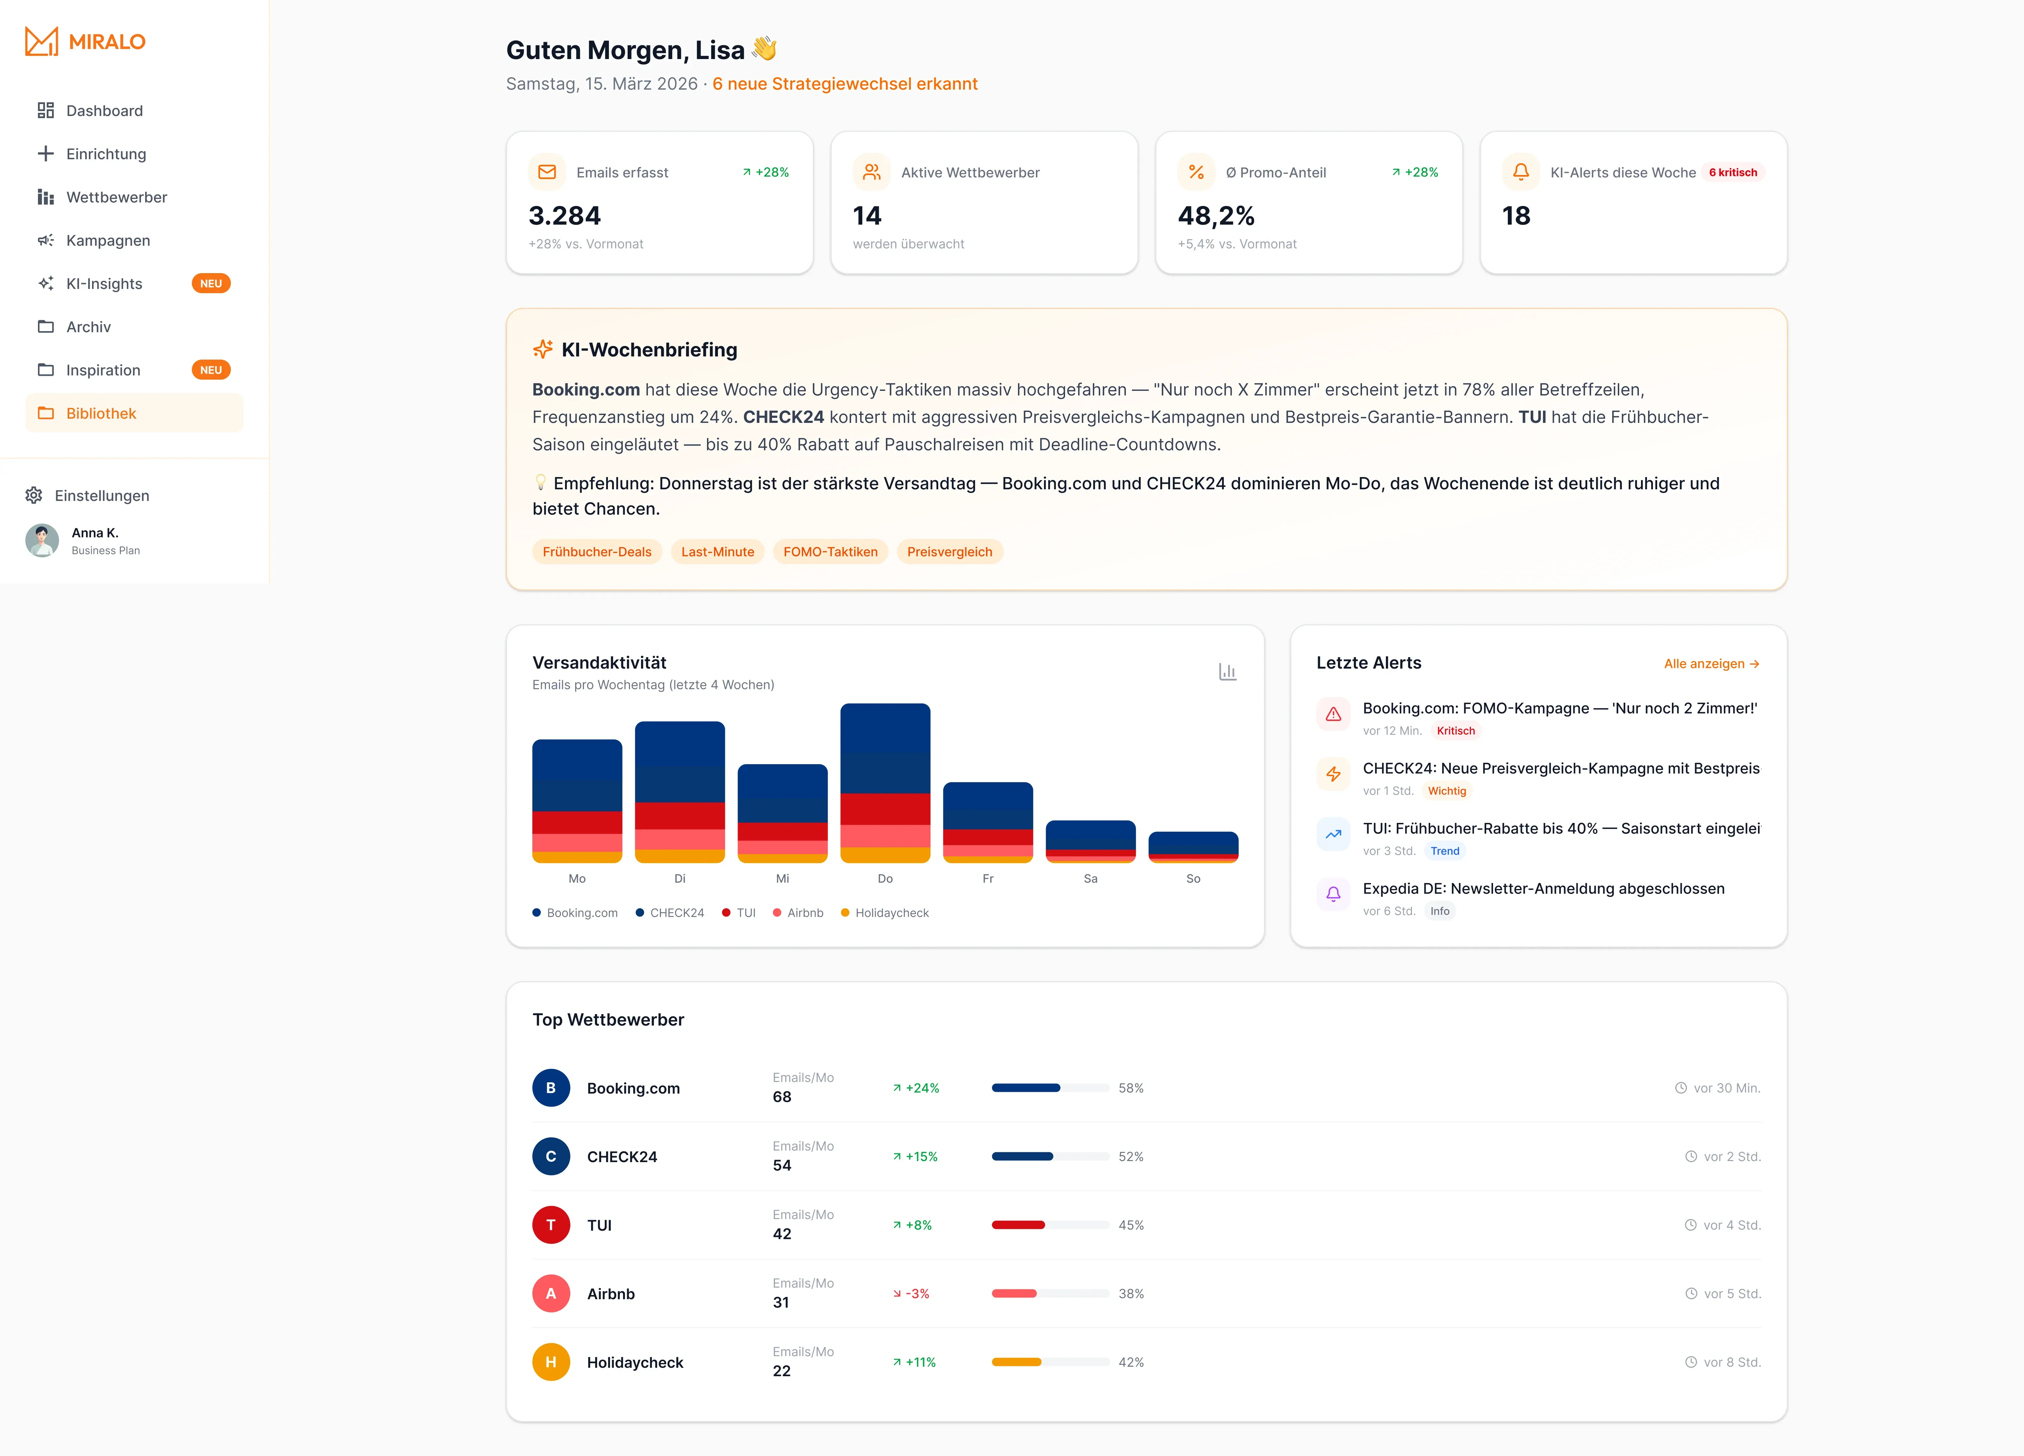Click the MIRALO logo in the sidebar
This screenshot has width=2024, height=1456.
coord(85,41)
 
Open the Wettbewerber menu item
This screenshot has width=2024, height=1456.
coord(116,197)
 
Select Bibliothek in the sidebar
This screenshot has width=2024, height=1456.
coord(101,413)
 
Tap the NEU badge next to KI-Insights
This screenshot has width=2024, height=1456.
coord(210,284)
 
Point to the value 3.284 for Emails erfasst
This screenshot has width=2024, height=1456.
coord(564,216)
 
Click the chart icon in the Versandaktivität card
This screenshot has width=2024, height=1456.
coord(1227,671)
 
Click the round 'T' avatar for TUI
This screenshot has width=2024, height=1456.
coord(551,1225)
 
